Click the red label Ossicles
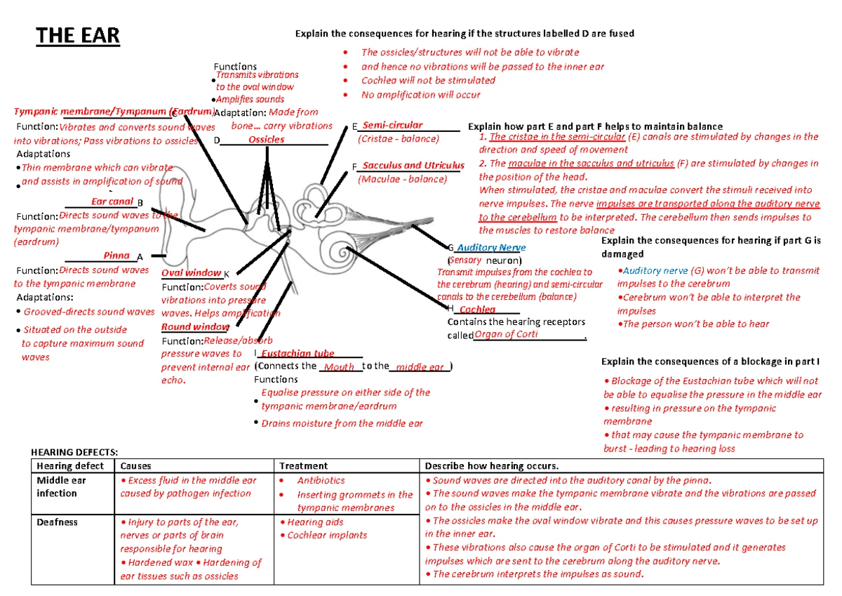tap(267, 140)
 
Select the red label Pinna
tap(116, 256)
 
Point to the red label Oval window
tap(192, 272)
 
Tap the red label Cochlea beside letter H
tap(478, 310)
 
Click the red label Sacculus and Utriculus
tap(413, 166)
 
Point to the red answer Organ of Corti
tap(506, 335)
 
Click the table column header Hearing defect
tap(70, 466)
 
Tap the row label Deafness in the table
tap(58, 522)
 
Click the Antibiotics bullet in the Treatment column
tap(321, 481)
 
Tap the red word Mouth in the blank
tap(340, 367)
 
